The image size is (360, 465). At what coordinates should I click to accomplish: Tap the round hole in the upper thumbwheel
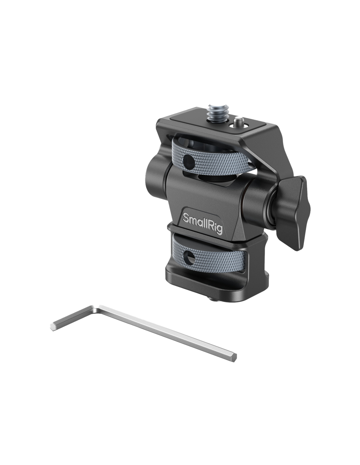click(189, 161)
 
